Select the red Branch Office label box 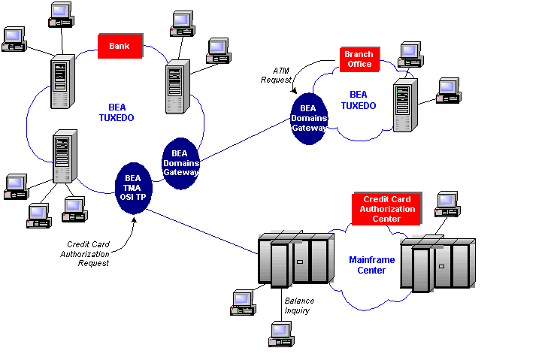pos(359,59)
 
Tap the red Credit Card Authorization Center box pos(387,208)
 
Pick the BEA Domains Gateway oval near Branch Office pos(308,118)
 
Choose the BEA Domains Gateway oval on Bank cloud pos(180,162)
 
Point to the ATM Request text pos(276,74)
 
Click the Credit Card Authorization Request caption pos(89,253)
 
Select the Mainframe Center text pos(371,265)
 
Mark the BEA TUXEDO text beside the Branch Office pos(359,100)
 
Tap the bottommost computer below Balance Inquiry pos(280,334)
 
